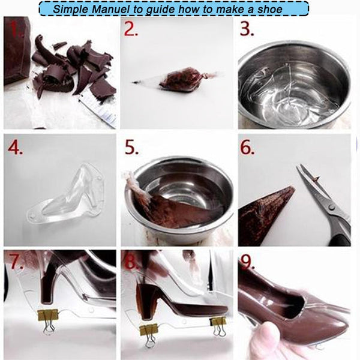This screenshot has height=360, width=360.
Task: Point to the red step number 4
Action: (x=15, y=147)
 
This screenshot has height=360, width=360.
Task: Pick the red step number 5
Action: (x=132, y=147)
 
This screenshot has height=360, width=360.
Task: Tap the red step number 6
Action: (x=248, y=147)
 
